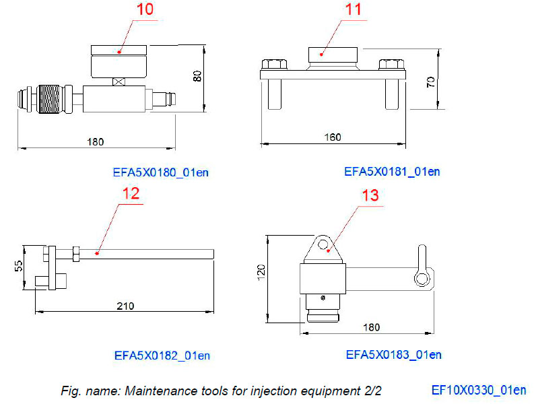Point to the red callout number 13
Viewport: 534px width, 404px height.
pyautogui.click(x=370, y=195)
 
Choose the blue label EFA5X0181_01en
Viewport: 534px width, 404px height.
pyautogui.click(x=392, y=172)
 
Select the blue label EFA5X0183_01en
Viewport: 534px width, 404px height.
pyautogui.click(x=393, y=355)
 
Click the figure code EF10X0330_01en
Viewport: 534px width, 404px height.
pyautogui.click(x=479, y=390)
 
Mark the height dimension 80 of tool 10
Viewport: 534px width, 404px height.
pyautogui.click(x=197, y=75)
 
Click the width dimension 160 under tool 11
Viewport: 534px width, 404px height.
pyautogui.click(x=333, y=137)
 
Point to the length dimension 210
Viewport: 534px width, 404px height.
pyautogui.click(x=125, y=306)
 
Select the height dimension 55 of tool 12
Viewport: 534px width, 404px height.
pyautogui.click(x=19, y=267)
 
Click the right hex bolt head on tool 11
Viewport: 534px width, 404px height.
pyautogui.click(x=389, y=65)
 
